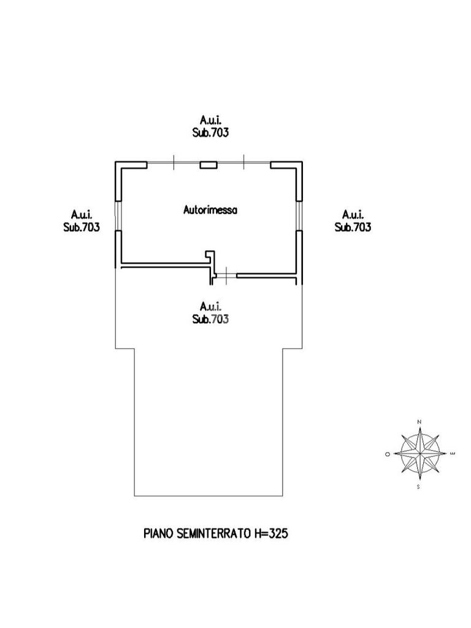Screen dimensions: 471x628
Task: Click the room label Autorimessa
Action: point(210,210)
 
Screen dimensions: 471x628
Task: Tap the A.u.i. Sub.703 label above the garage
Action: point(210,126)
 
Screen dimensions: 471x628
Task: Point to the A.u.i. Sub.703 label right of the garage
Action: point(353,221)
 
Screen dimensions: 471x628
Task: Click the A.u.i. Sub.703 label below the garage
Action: point(210,312)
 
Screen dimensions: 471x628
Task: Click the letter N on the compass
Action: point(419,422)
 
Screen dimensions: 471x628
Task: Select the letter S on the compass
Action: point(419,486)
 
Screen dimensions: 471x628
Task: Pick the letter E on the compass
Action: point(452,453)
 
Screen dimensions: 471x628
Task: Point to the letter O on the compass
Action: point(388,454)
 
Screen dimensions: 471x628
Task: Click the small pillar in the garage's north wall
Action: point(209,164)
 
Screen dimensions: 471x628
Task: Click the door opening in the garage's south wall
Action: point(226,277)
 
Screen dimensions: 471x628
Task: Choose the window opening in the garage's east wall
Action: point(299,215)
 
